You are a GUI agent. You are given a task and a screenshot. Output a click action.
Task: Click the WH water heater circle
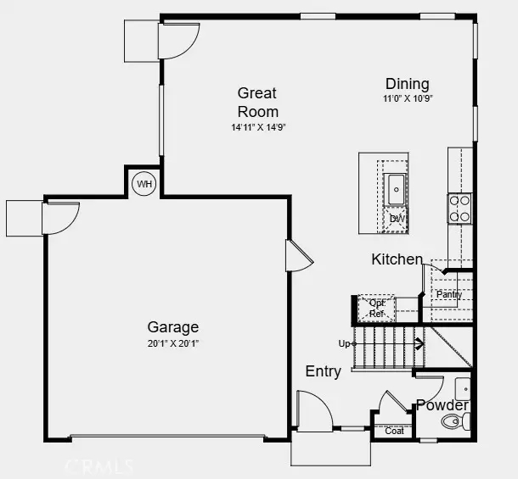point(144,183)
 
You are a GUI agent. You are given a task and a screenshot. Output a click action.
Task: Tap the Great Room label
point(257,102)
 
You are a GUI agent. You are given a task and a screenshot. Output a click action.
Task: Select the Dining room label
point(407,84)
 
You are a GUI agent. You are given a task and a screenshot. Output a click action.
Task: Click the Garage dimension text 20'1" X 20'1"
point(173,343)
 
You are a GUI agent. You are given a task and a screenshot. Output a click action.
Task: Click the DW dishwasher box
point(396,219)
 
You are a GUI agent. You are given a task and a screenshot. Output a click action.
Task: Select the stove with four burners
point(459,209)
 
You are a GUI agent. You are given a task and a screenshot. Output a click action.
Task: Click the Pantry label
point(449,294)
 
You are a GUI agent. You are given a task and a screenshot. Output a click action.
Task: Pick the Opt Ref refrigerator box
point(376,308)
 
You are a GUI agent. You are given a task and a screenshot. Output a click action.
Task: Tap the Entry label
point(323,371)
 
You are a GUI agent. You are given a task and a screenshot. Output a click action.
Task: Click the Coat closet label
point(394,431)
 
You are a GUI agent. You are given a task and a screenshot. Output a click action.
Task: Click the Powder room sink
point(464,388)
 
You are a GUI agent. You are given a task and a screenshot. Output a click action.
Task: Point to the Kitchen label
point(397,259)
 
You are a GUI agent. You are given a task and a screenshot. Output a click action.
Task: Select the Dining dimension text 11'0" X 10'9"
point(407,98)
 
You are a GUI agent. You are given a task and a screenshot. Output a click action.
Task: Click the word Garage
point(173,327)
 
